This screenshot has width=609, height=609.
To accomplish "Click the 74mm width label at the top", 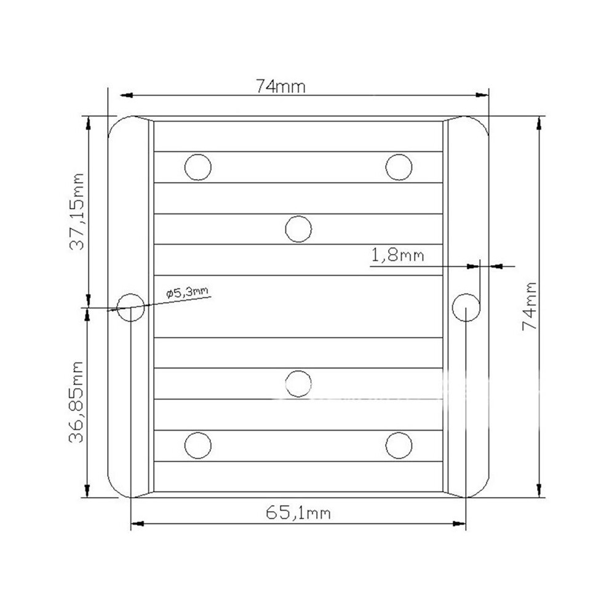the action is [x=281, y=86].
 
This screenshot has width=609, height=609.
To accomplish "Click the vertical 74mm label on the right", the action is [x=530, y=306].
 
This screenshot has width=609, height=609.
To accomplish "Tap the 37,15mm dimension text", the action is [x=76, y=212].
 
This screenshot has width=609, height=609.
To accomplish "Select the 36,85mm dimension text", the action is [x=76, y=402].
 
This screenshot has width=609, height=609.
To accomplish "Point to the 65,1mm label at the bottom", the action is [x=298, y=512].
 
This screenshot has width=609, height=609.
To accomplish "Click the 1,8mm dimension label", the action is [x=398, y=255].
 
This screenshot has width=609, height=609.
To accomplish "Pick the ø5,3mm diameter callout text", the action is [x=187, y=292].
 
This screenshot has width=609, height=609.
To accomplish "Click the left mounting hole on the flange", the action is [x=131, y=307].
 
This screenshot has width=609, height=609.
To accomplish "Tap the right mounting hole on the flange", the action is [x=466, y=307].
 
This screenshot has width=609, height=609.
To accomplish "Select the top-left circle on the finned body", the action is [x=198, y=167].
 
